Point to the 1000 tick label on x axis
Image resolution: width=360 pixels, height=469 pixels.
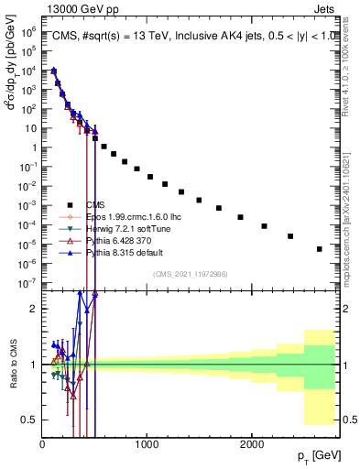tap(147, 444)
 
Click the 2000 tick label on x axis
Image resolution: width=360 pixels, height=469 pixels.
tap(252, 444)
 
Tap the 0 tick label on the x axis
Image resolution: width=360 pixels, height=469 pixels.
tap(43, 444)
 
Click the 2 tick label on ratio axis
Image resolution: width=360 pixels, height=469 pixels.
tap(33, 309)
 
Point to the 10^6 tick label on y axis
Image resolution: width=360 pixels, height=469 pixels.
tap(27, 30)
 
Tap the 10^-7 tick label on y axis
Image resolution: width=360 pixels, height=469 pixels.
tap(27, 283)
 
